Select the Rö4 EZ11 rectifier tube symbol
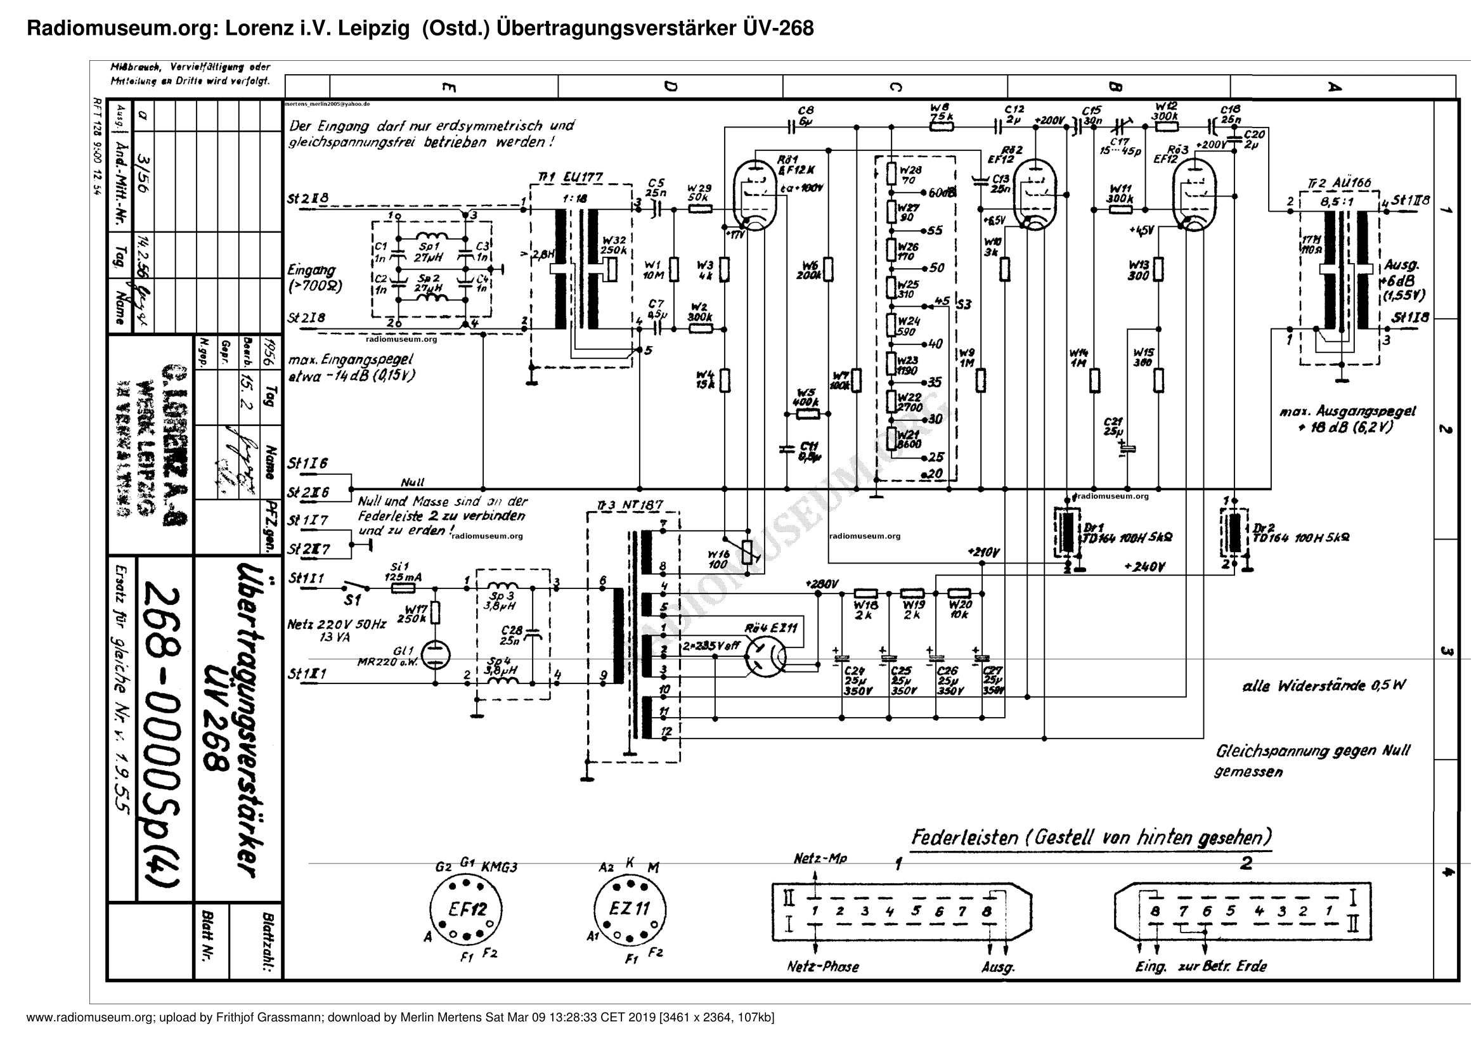[x=765, y=657]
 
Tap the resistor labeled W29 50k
[x=699, y=209]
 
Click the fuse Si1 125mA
[x=403, y=588]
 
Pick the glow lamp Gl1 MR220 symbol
[x=435, y=656]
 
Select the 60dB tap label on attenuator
[x=942, y=193]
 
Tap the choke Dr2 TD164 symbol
[x=1234, y=533]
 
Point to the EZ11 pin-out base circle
[x=630, y=909]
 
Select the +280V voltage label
[x=822, y=583]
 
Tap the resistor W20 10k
[x=959, y=593]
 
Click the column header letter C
[x=895, y=86]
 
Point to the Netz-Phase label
[x=823, y=967]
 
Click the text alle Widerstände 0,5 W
[x=1323, y=686]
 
